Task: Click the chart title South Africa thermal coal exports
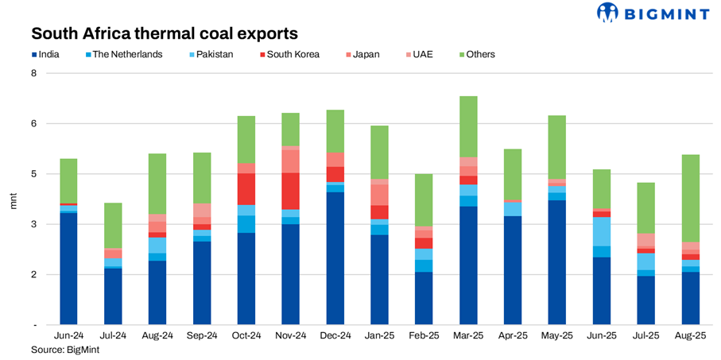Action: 165,34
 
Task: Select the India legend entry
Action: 49,55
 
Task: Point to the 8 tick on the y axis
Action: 33,73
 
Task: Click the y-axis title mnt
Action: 13,199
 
